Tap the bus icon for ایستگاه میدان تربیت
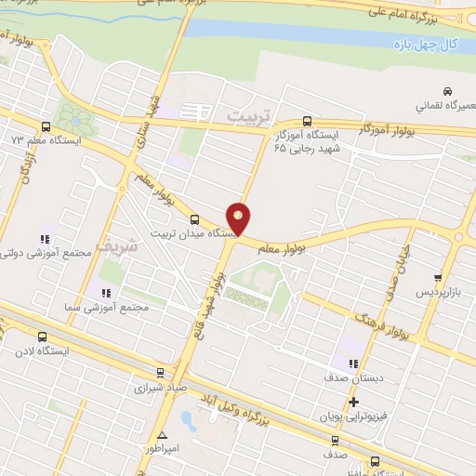[x=194, y=219]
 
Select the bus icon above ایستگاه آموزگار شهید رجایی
[x=308, y=121]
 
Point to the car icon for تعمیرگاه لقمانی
[x=448, y=91]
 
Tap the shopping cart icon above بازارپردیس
[x=437, y=277]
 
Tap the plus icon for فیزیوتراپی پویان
[x=352, y=403]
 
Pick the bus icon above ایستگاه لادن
[x=42, y=337]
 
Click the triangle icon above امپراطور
[x=163, y=434]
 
